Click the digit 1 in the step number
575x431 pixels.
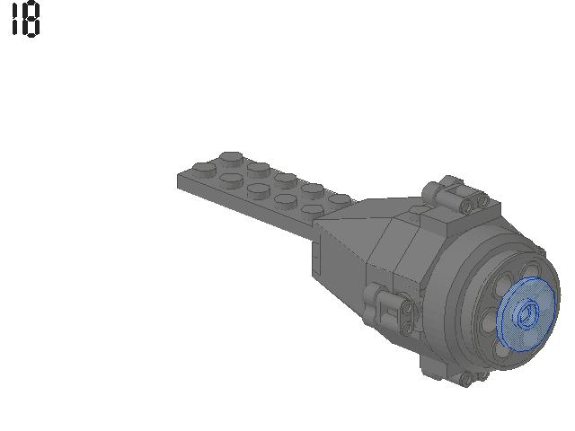click(14, 19)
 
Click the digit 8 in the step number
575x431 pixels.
click(31, 20)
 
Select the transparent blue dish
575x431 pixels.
click(527, 313)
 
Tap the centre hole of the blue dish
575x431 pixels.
click(528, 314)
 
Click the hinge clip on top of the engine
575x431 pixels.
click(455, 194)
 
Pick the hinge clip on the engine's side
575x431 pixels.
click(389, 307)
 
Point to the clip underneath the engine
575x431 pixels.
click(455, 372)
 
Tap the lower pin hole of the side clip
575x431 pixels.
click(407, 327)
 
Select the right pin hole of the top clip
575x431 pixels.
click(482, 200)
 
